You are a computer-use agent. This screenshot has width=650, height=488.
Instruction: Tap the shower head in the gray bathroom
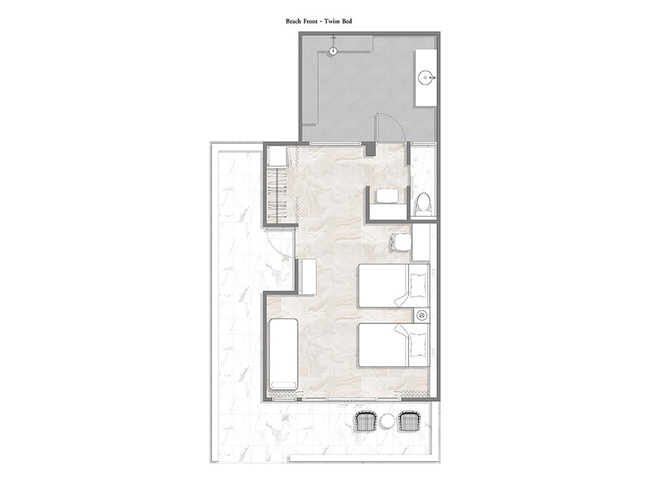pyautogui.click(x=333, y=51)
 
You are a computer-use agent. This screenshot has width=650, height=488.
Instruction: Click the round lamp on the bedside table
pyautogui.click(x=422, y=315)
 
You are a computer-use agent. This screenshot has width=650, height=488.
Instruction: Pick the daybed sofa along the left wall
pyautogui.click(x=284, y=354)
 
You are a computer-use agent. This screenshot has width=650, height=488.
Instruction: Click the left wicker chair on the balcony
pyautogui.click(x=365, y=422)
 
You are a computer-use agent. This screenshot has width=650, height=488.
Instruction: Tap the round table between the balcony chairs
pyautogui.click(x=387, y=422)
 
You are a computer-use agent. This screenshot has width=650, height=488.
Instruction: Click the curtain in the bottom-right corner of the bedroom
pyautogui.click(x=412, y=394)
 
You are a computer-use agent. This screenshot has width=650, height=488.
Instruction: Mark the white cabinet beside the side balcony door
pyautogui.click(x=307, y=276)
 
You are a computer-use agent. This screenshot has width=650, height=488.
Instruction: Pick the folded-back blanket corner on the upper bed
pyautogui.click(x=401, y=297)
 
